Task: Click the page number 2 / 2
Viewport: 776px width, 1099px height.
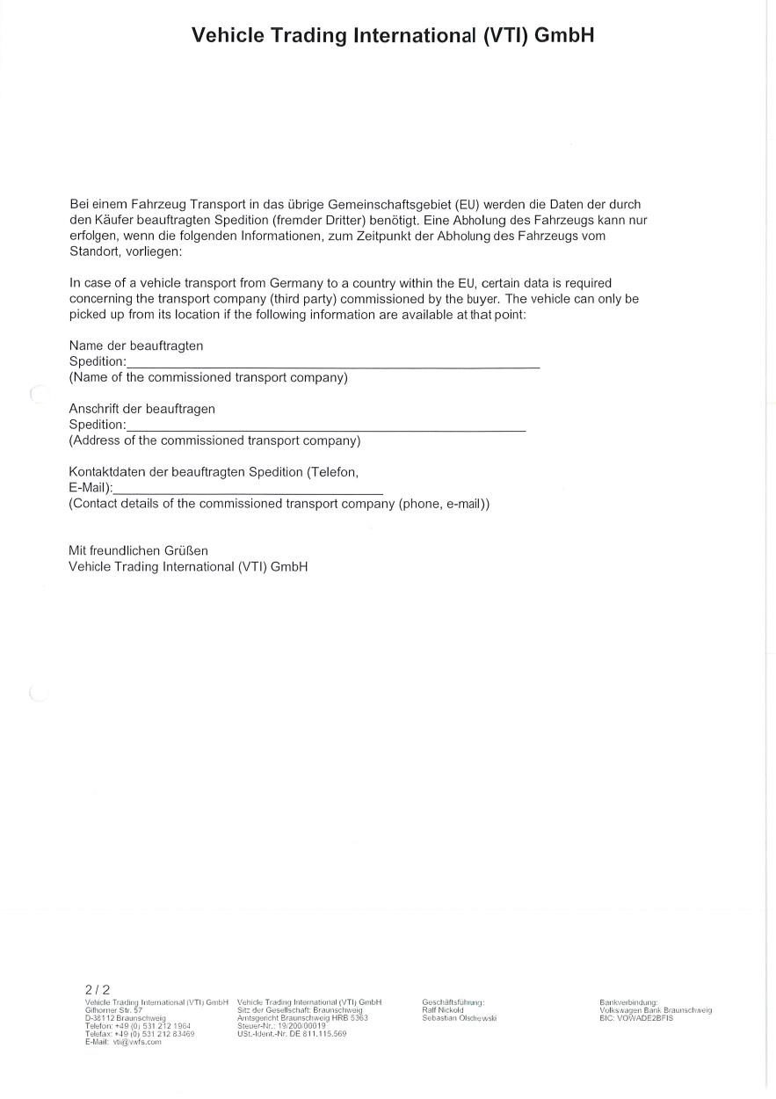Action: click(98, 989)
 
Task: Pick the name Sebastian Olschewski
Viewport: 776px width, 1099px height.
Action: click(460, 1018)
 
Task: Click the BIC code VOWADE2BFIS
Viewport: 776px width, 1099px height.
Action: click(636, 1018)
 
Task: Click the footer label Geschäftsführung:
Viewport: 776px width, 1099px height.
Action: click(453, 1002)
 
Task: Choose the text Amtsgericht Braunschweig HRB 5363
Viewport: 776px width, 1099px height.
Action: click(302, 1018)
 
